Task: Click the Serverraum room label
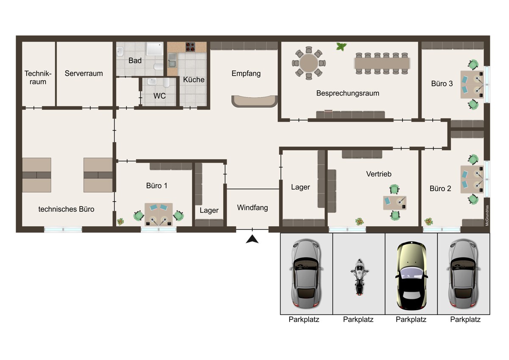tap(84, 73)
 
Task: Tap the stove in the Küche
tap(190, 47)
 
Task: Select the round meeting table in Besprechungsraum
tap(309, 63)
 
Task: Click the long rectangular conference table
tap(382, 63)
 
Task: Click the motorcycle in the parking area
tap(359, 277)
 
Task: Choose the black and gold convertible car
tap(411, 276)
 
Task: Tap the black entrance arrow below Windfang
tap(252, 239)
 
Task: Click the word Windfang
tap(252, 208)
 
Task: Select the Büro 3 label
tap(442, 84)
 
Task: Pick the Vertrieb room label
tap(379, 174)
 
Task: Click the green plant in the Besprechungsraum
tap(341, 47)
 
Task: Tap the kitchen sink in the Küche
tap(172, 60)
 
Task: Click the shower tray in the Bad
tap(154, 49)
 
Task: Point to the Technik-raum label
tap(38, 78)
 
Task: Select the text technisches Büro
tap(66, 209)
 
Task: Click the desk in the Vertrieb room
tap(395, 202)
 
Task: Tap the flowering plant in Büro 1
tap(120, 221)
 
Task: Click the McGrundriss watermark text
tap(487, 215)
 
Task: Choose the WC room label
tap(159, 96)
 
